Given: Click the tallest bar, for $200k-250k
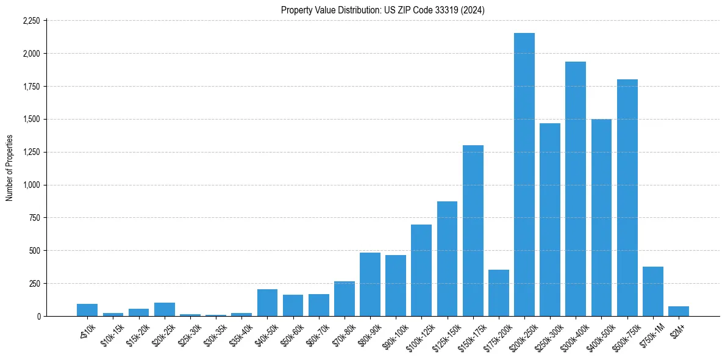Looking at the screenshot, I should coord(524,175).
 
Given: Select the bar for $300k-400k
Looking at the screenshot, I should coord(576,189).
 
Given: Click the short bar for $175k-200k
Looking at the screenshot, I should coord(499,293).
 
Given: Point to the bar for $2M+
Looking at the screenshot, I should coord(679,311).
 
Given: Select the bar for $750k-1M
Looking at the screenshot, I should coord(653,292).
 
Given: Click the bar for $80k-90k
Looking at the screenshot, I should coord(370,284).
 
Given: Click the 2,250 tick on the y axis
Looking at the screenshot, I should coord(31,21).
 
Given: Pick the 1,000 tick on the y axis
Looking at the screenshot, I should coord(31,185).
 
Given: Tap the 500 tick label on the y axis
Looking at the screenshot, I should coord(34,251).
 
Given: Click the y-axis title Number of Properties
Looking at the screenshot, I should coord(9,168).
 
